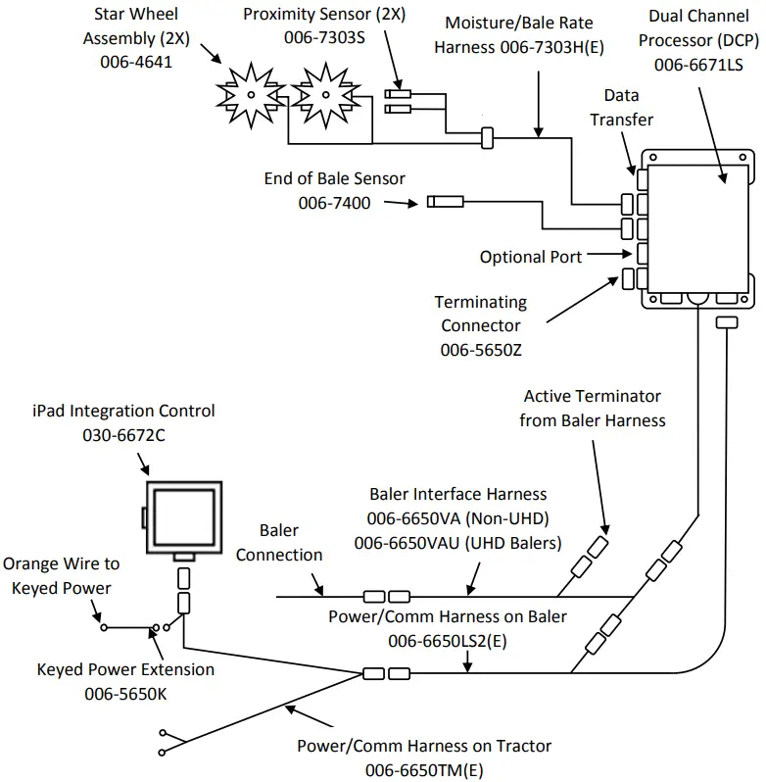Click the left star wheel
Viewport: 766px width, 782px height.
coord(250,92)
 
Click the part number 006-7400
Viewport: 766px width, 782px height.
coord(336,202)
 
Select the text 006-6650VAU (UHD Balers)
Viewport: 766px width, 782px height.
coord(457,540)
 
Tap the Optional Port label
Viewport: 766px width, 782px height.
coord(530,257)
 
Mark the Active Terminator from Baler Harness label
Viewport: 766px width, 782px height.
coord(593,408)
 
